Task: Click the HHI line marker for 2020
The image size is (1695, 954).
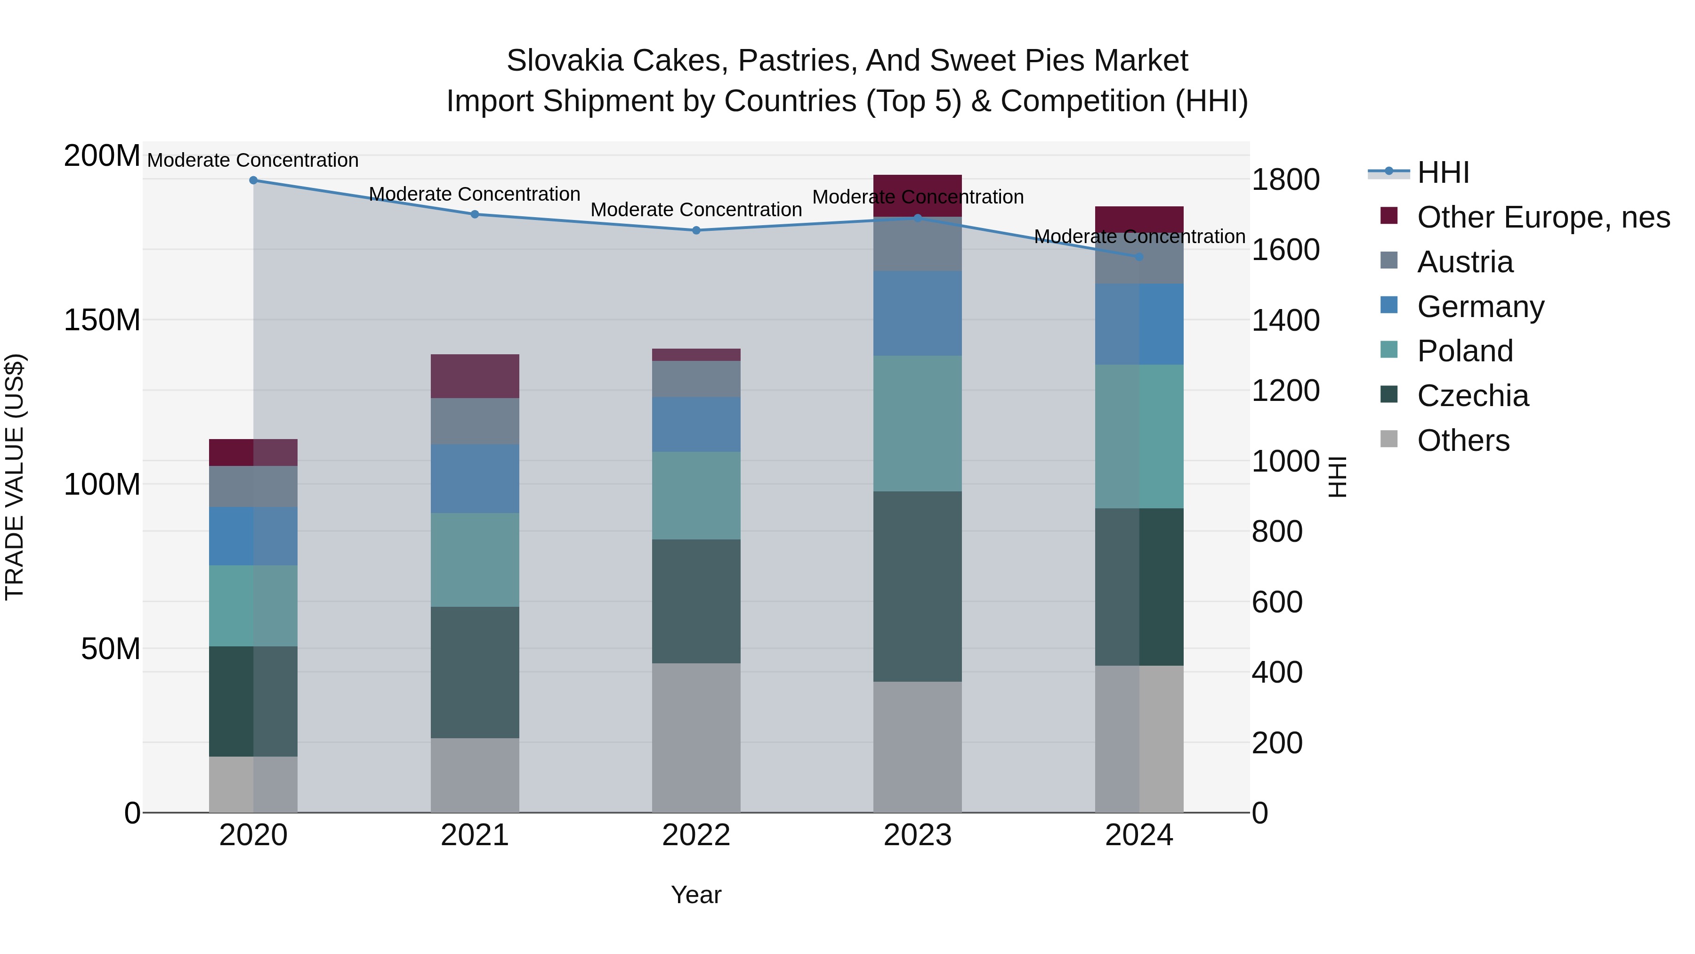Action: point(253,180)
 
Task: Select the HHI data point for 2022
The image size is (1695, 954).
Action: point(696,230)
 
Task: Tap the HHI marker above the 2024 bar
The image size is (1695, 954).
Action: point(1139,257)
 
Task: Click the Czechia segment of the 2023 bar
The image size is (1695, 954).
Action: point(917,586)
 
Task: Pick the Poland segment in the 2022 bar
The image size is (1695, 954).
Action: point(696,495)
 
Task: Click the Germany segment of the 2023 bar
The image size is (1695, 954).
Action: point(917,313)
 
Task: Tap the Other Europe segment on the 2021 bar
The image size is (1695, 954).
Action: point(475,376)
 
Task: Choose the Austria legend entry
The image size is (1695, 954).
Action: point(1465,262)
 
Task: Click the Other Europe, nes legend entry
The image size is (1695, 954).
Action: point(1543,217)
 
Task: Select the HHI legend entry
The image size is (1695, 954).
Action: point(1442,172)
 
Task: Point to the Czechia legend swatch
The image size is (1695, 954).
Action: point(1389,394)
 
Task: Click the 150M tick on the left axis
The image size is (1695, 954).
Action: point(102,321)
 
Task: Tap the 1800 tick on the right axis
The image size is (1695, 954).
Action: point(1285,180)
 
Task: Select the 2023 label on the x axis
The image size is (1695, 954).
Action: point(917,835)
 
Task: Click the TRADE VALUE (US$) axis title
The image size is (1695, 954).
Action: point(15,477)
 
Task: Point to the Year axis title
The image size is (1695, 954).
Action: point(696,895)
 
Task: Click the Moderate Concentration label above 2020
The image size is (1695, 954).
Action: point(253,160)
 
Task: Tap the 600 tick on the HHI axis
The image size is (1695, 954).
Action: point(1276,602)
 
